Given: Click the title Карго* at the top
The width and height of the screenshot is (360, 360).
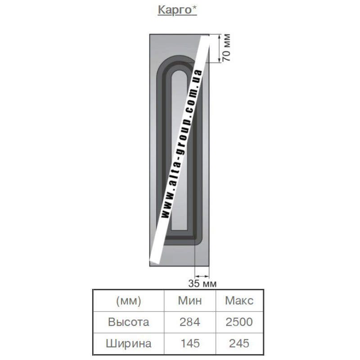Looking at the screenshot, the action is point(177,10).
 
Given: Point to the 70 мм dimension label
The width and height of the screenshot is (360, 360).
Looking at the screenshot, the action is point(226,48).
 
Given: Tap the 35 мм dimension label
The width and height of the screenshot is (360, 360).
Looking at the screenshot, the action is point(202,283).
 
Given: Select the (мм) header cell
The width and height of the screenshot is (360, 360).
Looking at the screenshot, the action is point(129,301).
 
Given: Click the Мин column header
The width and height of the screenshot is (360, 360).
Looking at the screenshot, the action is point(190,301).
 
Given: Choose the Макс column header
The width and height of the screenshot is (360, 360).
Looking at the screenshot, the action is point(239,301).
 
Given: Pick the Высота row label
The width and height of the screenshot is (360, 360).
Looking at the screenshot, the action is point(129,322).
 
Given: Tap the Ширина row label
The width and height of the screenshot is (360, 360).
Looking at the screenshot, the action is point(129,344).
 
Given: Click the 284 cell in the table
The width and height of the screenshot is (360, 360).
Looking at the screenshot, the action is point(190,322).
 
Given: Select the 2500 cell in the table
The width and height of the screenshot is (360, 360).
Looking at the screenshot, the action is point(239,322).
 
